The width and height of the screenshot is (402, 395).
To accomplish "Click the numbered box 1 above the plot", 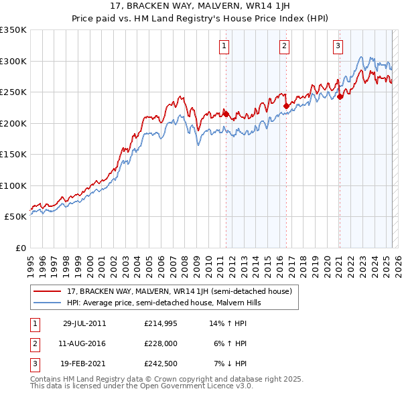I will pos(223,46).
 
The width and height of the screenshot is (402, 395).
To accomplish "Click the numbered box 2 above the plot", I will pos(284,46).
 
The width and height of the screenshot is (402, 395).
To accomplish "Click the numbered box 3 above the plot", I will pos(338,46).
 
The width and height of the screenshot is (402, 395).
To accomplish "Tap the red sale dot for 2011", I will pos(226,114).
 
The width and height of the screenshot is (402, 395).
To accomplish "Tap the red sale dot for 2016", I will pos(286,106).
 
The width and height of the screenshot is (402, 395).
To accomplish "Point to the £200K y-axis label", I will pos(13,123).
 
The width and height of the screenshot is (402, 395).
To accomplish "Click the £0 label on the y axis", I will pos(21,248).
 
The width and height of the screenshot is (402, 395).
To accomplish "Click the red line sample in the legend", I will pos(47,292).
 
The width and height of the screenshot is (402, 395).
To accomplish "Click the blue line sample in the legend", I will pos(47,303).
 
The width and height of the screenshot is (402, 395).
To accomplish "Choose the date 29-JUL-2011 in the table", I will pos(84,323).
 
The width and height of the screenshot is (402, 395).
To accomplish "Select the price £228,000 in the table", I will pos(161,343).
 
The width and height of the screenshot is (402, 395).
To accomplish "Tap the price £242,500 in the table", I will pos(161,364).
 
